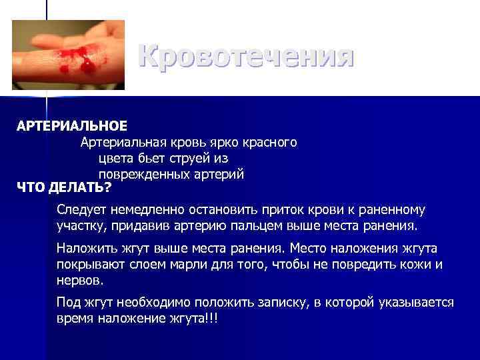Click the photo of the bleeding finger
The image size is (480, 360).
[68, 55]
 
